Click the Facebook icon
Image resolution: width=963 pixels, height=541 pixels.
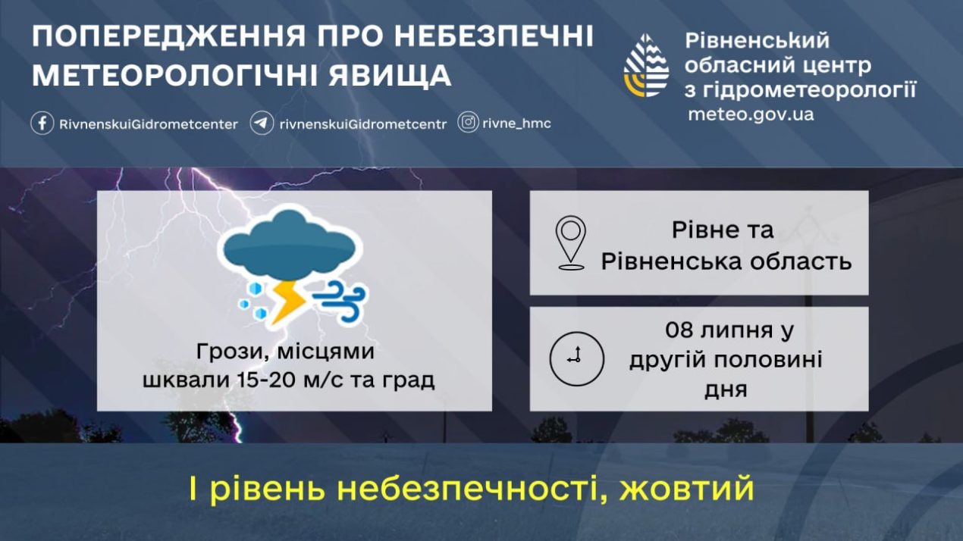tap(42, 124)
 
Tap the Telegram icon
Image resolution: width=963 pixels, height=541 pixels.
tap(262, 124)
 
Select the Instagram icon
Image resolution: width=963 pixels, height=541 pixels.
tap(468, 123)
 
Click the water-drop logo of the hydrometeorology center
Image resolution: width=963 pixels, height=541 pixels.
tap(646, 65)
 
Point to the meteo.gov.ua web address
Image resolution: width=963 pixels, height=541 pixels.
tap(751, 114)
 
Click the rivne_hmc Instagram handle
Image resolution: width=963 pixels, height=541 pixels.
tap(516, 124)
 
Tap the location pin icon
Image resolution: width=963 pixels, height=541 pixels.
tap(571, 242)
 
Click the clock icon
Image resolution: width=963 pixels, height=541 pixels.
tap(576, 358)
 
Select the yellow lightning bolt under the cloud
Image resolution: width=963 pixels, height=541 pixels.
tap(288, 302)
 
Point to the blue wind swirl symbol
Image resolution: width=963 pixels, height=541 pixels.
tap(340, 301)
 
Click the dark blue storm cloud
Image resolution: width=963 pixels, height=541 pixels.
tap(290, 245)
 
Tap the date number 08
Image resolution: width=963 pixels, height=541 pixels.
tap(679, 330)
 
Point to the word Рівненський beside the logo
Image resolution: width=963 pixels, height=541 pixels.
tap(757, 41)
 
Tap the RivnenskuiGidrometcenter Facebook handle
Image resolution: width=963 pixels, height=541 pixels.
tap(149, 124)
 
